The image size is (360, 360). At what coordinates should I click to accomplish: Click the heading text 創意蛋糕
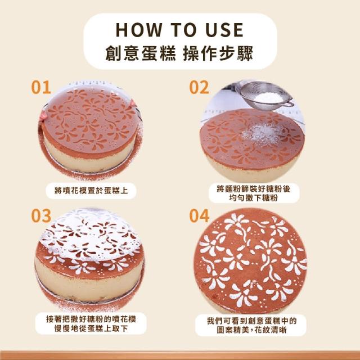click(141, 53)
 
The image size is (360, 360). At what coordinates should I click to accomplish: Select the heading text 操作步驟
click(218, 53)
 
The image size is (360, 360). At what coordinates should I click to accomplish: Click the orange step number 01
click(41, 87)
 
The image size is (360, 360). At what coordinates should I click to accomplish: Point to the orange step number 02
click(199, 87)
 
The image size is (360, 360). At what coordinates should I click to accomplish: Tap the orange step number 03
click(41, 215)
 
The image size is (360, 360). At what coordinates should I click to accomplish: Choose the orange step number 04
click(199, 215)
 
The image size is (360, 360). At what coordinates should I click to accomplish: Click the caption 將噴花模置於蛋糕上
click(91, 191)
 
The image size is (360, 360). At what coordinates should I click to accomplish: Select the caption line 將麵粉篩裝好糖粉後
click(254, 189)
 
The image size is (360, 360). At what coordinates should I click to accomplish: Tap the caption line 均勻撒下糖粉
click(254, 197)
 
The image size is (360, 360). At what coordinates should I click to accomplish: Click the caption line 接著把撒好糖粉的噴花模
click(91, 319)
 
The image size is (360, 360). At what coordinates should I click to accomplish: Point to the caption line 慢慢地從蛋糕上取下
click(91, 328)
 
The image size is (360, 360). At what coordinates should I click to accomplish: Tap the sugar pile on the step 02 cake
click(262, 134)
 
